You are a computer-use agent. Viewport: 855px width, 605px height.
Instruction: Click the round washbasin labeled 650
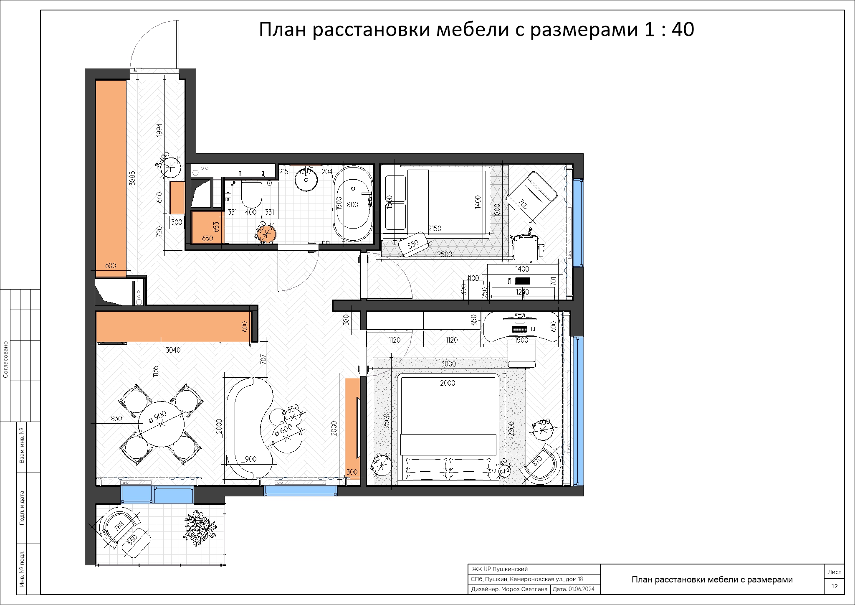click(306, 180)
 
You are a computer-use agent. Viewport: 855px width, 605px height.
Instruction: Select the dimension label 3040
click(173, 350)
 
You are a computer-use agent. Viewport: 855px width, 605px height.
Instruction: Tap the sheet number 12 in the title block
click(834, 586)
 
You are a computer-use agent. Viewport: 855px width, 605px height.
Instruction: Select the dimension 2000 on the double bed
click(448, 383)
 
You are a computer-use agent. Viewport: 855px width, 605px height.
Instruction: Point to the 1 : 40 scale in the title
click(669, 29)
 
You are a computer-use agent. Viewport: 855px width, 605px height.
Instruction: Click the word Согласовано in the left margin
click(6, 359)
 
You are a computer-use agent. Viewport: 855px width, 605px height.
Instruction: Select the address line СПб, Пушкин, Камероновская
click(526, 579)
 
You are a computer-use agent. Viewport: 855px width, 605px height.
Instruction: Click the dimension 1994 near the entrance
click(159, 130)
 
